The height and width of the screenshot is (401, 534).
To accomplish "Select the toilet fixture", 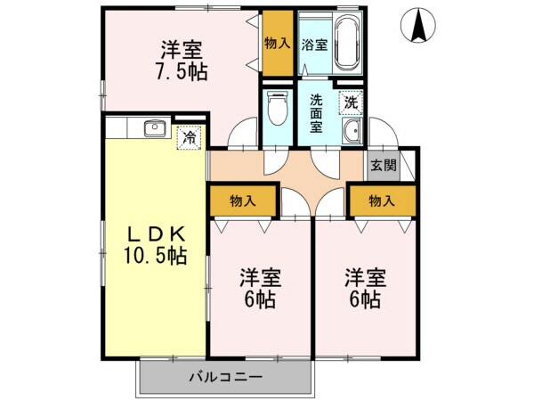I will coord(277,112).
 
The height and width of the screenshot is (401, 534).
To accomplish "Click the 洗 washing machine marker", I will coord(352,102).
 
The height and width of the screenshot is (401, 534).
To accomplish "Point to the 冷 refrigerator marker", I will coord(189,138).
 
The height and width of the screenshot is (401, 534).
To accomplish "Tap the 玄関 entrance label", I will coord(383,165).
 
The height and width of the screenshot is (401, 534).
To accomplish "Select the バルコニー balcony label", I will coord(225,377).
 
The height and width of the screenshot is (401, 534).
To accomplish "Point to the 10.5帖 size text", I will coord(154,256).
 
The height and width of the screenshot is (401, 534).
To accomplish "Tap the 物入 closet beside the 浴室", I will coord(277,43).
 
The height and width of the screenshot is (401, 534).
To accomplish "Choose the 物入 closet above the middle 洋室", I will coord(243,201).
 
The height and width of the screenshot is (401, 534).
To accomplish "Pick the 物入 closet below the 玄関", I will coord(382,201).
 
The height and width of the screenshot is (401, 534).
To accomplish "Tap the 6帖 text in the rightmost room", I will coord(365,300).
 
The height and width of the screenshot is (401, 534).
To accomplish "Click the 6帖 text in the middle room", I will coord(259,300).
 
